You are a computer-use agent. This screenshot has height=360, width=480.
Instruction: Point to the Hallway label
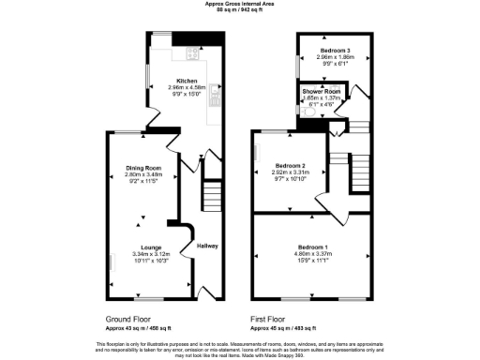click(x=207, y=247)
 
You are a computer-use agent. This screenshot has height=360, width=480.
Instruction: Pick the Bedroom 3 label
click(x=334, y=50)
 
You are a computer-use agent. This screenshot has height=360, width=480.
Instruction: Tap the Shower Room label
click(x=321, y=91)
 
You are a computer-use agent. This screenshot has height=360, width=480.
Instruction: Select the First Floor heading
click(x=270, y=319)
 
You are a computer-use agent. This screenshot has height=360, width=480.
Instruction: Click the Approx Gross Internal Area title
click(x=240, y=4)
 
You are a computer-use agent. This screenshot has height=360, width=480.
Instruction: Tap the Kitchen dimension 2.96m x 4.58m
click(x=181, y=88)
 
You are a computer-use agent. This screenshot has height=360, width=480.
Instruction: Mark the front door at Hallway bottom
click(x=209, y=292)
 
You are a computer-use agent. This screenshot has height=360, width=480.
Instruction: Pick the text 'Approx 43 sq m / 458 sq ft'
click(x=135, y=328)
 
